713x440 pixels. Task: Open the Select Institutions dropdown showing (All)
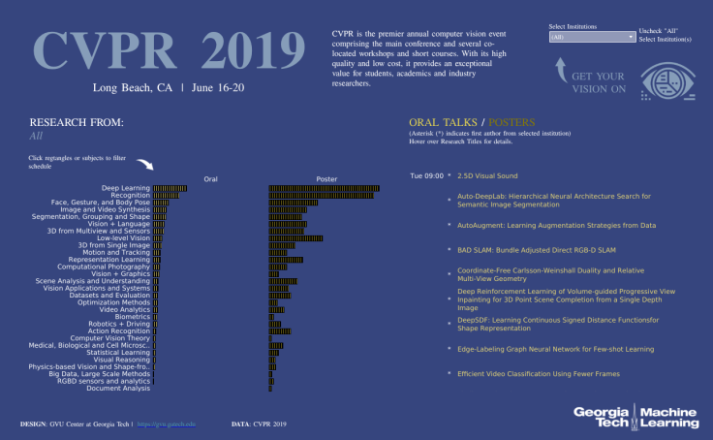[592, 37]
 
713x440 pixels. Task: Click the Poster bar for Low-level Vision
[295, 237]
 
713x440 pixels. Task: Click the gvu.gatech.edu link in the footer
[172, 424]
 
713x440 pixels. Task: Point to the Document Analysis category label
[118, 389]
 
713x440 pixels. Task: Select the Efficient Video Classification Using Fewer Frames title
[539, 373]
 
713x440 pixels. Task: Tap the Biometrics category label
[132, 316]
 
